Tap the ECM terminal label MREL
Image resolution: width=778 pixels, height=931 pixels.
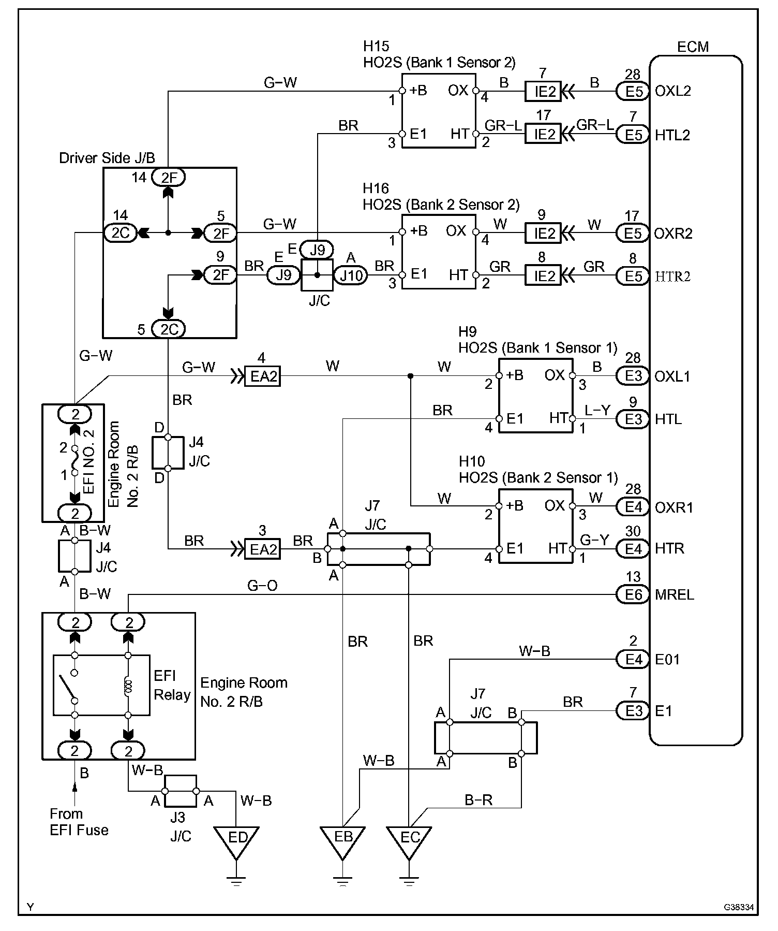pyautogui.click(x=675, y=594)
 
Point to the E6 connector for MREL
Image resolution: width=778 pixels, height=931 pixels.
pyautogui.click(x=633, y=595)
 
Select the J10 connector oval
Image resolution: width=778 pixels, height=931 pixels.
pyautogui.click(x=351, y=276)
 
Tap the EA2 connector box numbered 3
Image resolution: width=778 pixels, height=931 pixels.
pyautogui.click(x=262, y=549)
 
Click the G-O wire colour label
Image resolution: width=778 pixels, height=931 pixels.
pyautogui.click(x=263, y=586)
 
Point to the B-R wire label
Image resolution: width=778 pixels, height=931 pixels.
pyautogui.click(x=478, y=801)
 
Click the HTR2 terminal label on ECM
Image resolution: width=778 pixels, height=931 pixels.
pyautogui.click(x=672, y=277)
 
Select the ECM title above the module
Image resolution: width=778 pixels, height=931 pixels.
pyautogui.click(x=693, y=47)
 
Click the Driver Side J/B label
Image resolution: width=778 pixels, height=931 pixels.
pyautogui.click(x=107, y=158)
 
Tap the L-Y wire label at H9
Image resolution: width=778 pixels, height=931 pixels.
pyautogui.click(x=597, y=410)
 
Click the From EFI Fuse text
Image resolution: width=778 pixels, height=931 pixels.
pyautogui.click(x=79, y=822)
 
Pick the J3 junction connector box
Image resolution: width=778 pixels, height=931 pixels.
pyautogui.click(x=181, y=791)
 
